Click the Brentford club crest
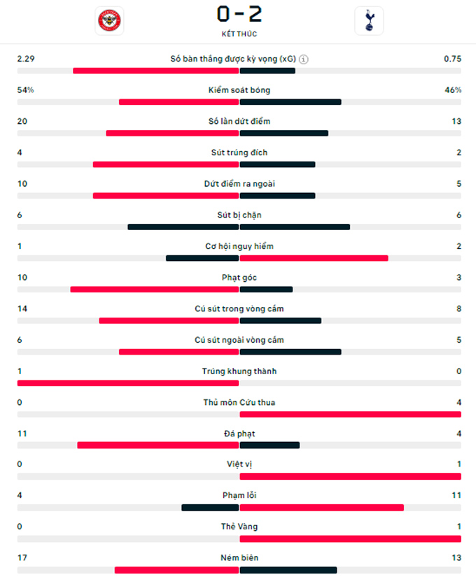click(109, 20)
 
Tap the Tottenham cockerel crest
click(369, 21)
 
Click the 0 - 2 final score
click(239, 14)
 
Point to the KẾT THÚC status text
click(239, 34)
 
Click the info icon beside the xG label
click(304, 59)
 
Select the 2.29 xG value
click(26, 59)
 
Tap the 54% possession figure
click(25, 90)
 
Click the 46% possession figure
click(453, 90)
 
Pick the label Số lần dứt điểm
click(239, 122)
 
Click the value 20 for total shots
click(22, 122)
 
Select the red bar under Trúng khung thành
click(128, 383)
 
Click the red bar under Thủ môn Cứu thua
click(351, 414)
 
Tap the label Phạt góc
click(239, 278)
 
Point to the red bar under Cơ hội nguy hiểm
click(314, 258)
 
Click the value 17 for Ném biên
click(22, 557)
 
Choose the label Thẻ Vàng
click(239, 526)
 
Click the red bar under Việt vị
click(351, 476)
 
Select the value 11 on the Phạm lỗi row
click(456, 495)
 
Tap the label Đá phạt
click(239, 434)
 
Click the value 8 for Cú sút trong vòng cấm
click(459, 308)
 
